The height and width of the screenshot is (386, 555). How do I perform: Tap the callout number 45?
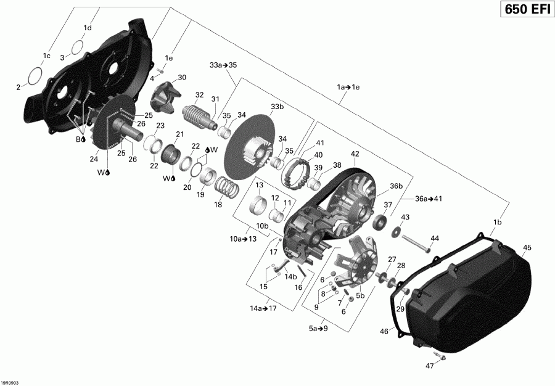click(x=527, y=248)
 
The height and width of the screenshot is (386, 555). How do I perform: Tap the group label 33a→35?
click(x=223, y=65)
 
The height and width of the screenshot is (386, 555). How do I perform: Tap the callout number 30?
click(x=182, y=77)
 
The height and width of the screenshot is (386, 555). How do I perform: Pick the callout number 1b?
click(x=498, y=222)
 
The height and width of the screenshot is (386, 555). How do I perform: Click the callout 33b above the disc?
click(x=277, y=107)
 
